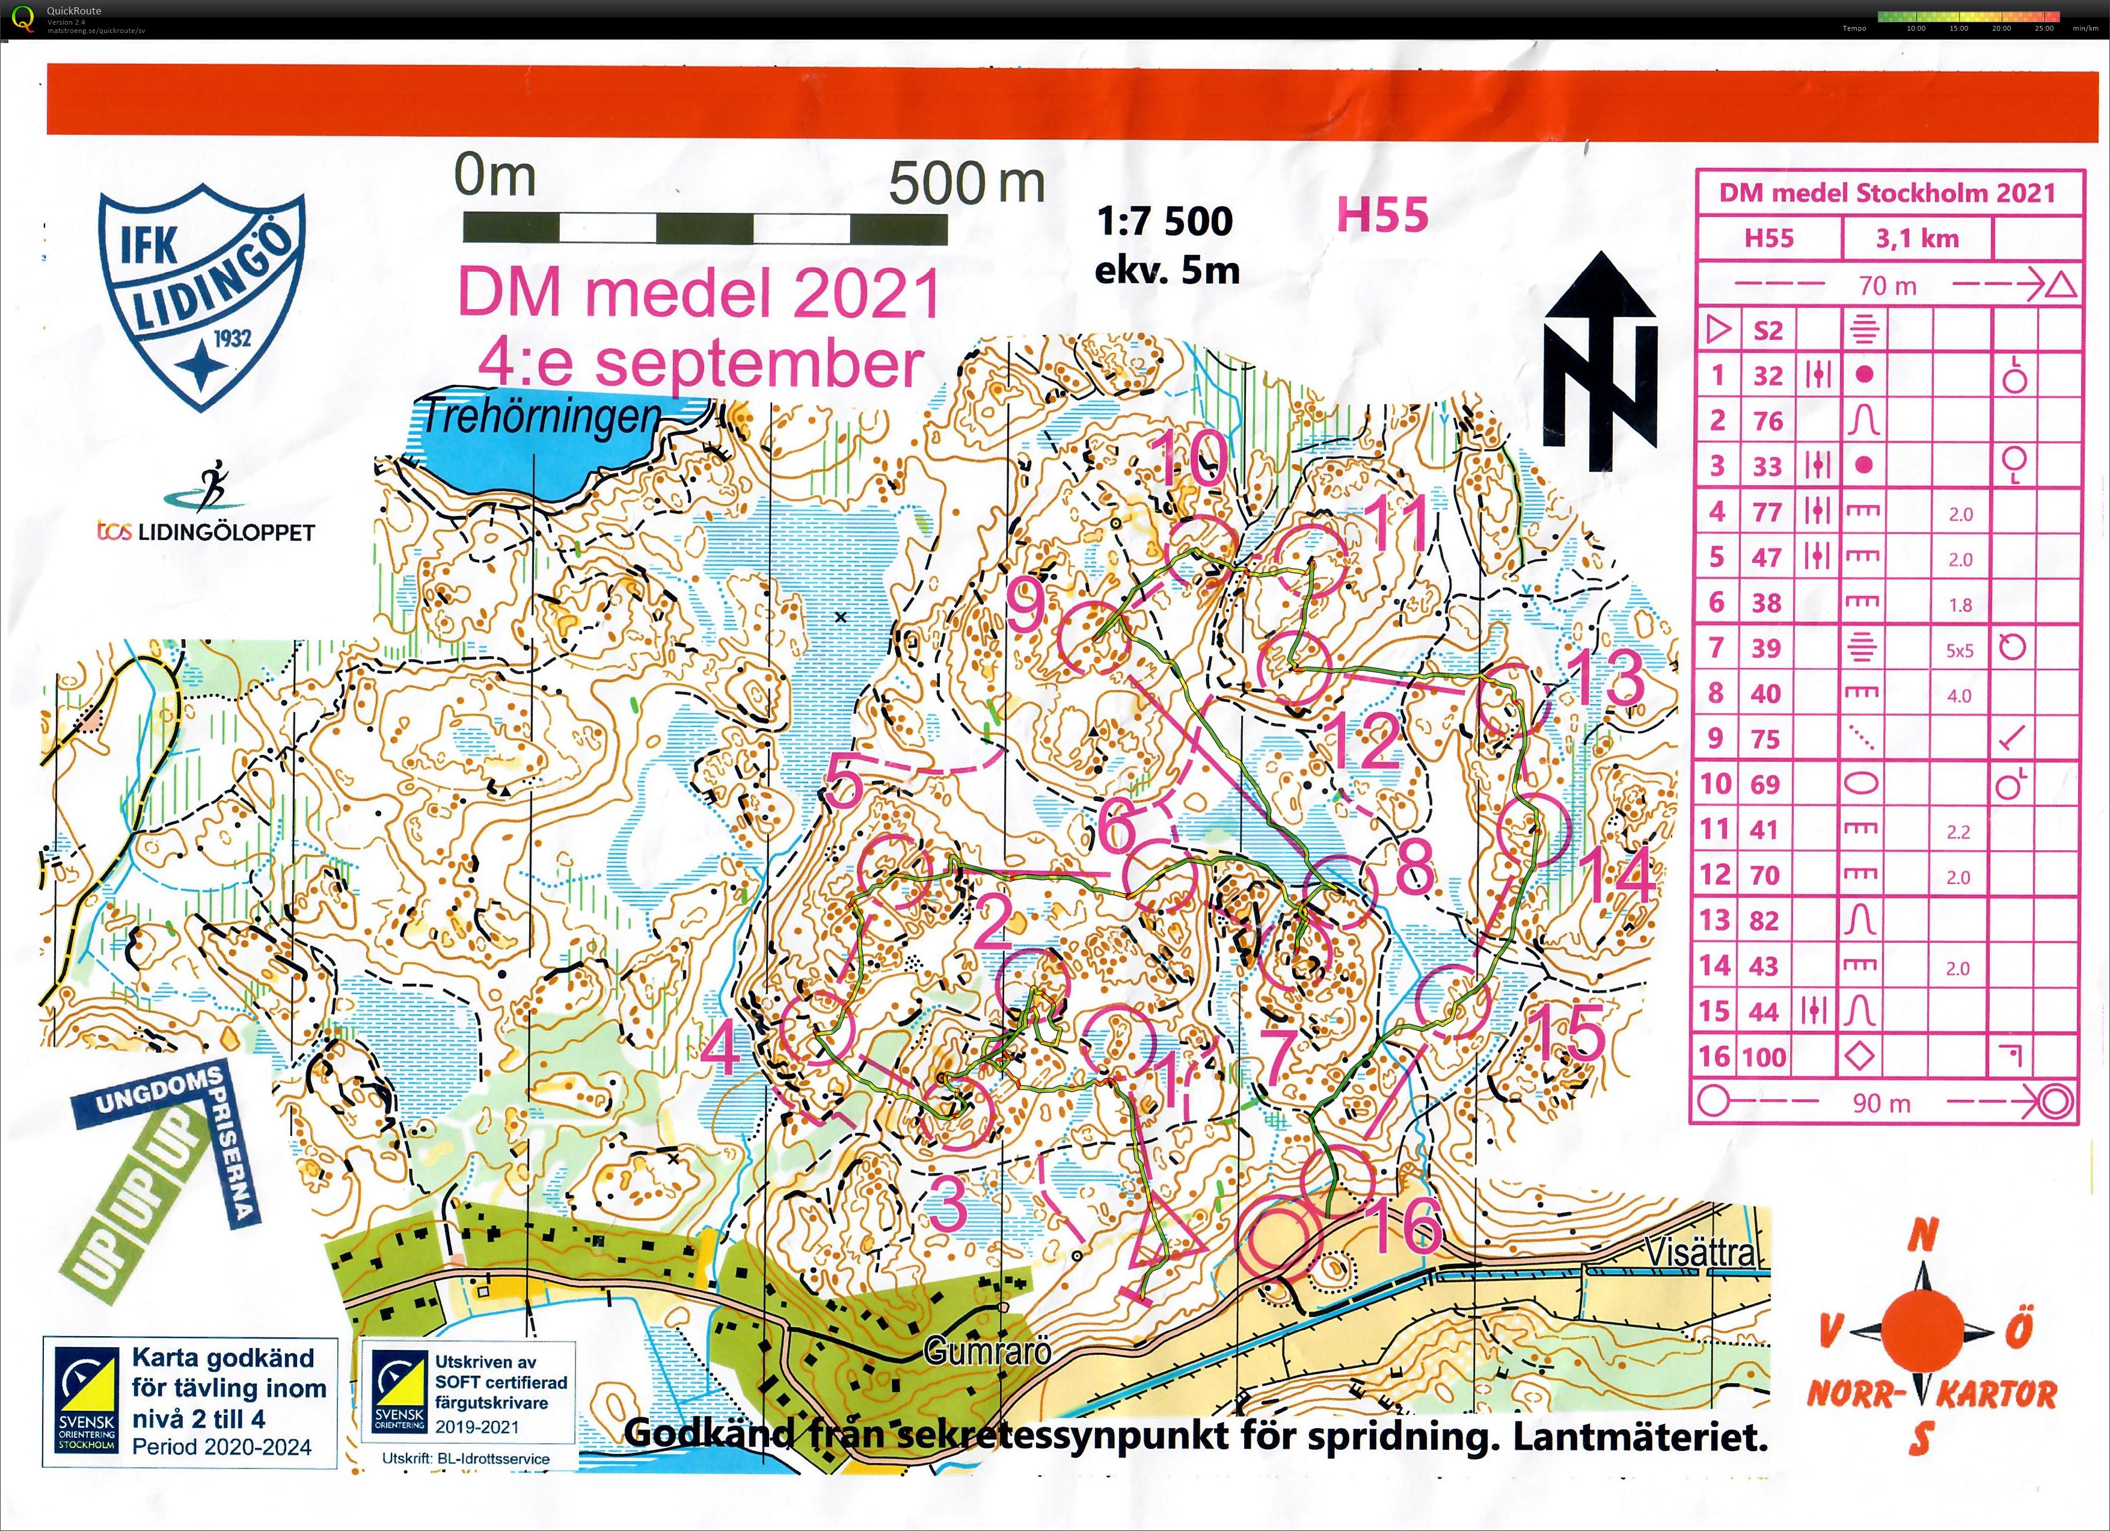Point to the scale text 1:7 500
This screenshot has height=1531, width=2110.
coord(1164,221)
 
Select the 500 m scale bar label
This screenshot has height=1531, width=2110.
coord(966,183)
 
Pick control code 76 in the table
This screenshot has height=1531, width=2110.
coord(1768,422)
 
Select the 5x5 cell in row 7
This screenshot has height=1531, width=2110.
coord(1959,650)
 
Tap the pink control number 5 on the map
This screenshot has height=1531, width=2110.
coord(844,782)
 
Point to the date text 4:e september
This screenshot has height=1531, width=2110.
coord(699,364)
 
